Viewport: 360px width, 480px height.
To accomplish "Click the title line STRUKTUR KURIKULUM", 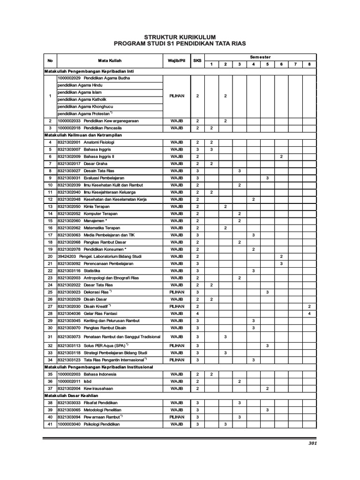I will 180,37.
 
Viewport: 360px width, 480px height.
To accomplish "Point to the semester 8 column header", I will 309,64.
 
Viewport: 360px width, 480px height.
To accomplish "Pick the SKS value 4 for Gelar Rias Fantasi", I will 197,313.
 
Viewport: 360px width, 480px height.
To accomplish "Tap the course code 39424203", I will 67,256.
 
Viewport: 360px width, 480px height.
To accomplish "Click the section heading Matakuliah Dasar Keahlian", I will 68,396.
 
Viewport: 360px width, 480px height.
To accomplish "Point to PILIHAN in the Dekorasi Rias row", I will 177,292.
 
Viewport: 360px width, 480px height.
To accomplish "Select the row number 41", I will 50,424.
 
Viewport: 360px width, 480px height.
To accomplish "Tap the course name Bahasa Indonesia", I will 100,375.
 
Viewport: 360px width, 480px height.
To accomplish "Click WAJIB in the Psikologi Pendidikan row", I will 177,424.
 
